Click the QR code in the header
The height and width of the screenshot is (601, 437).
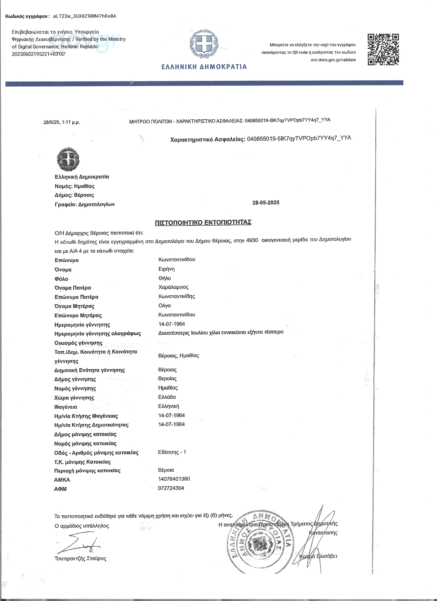[383, 49]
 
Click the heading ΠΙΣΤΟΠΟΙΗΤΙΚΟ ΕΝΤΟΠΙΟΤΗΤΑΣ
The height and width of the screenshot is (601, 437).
[203, 222]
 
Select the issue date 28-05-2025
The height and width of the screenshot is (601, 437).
[265, 203]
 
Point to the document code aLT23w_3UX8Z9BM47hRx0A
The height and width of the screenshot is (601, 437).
[84, 16]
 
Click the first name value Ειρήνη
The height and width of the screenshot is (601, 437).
[166, 269]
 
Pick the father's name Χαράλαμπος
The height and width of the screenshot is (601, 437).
[173, 287]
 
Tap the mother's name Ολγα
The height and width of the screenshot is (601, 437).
[165, 305]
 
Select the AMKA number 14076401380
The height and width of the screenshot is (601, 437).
[174, 479]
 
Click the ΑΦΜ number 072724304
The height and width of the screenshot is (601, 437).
[171, 488]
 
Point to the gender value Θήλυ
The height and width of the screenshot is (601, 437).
[165, 278]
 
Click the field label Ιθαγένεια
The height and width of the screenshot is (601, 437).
[66, 407]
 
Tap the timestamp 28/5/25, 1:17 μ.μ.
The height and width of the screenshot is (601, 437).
[62, 122]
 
